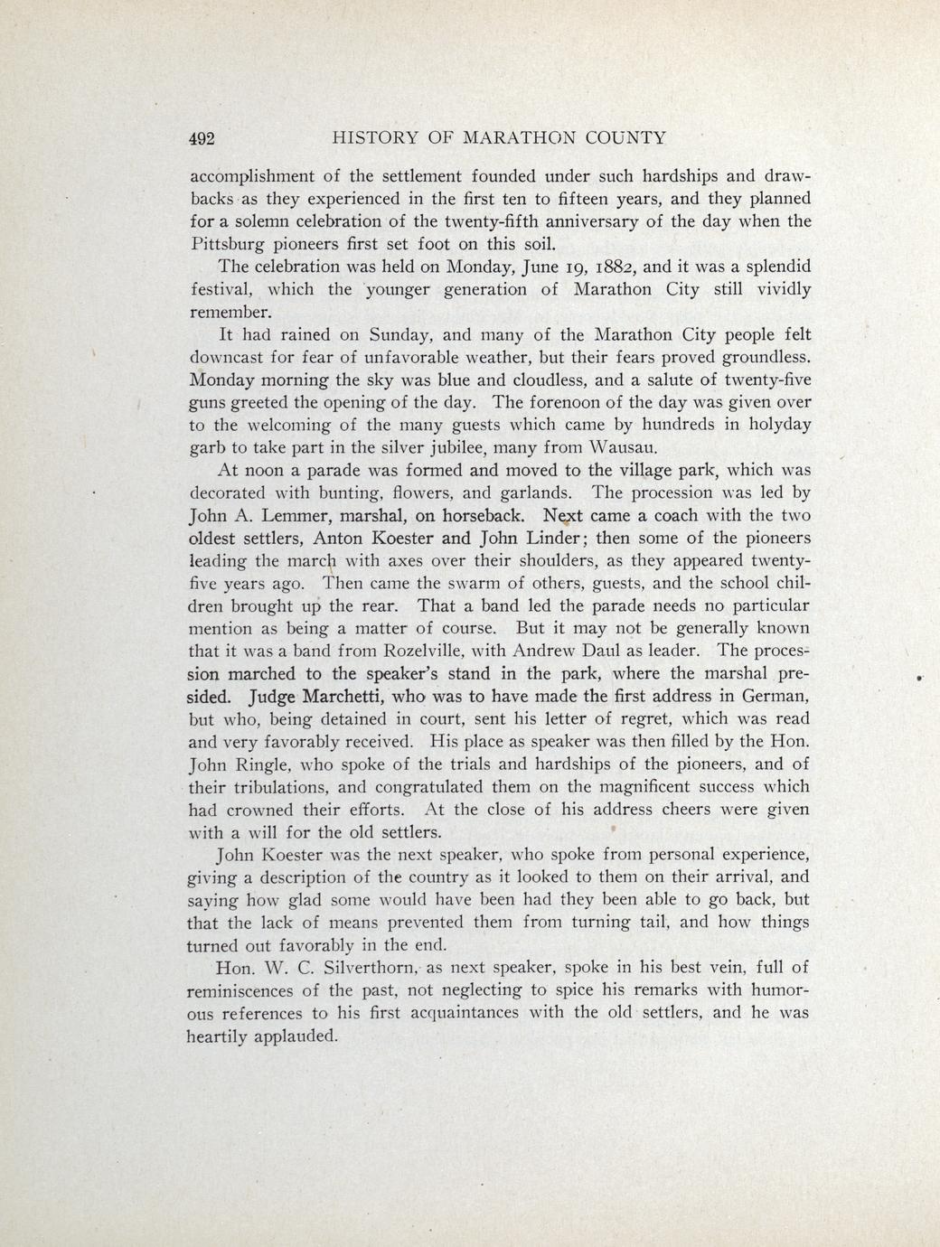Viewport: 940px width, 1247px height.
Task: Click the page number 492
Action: (x=201, y=138)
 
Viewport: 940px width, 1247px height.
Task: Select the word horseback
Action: (x=484, y=516)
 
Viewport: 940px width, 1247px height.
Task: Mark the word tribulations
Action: (x=276, y=787)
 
